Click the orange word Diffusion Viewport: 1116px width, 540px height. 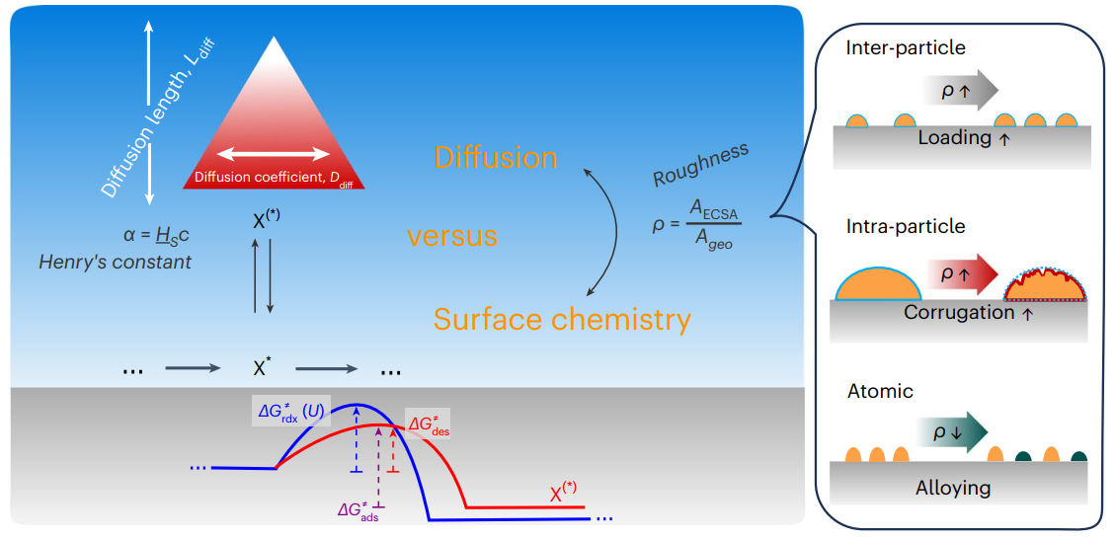click(496, 158)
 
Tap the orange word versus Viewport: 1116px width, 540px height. click(452, 237)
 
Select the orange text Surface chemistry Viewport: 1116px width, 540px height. click(562, 319)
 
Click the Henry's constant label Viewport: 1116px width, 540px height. click(115, 263)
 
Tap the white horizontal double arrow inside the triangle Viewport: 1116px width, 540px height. click(274, 153)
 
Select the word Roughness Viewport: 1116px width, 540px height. click(700, 164)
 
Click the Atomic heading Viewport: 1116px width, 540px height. click(880, 392)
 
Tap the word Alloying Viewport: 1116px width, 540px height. click(953, 488)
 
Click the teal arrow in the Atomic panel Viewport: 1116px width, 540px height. click(959, 432)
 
